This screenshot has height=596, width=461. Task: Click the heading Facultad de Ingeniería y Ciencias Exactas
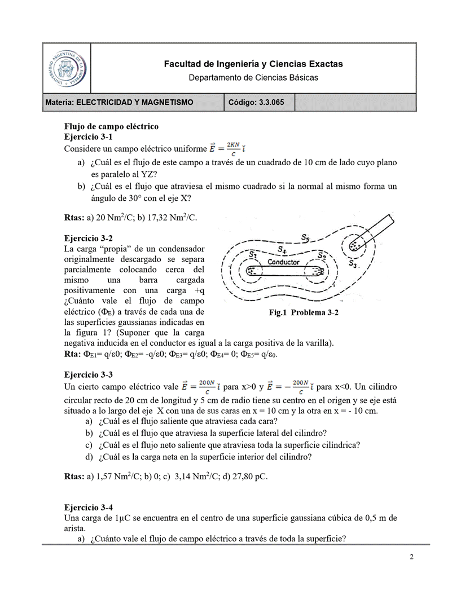(253, 64)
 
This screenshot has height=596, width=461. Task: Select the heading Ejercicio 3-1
(89, 137)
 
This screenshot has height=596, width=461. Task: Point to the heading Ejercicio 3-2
(89, 238)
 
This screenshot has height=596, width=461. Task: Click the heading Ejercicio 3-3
(89, 374)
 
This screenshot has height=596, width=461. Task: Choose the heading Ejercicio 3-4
(89, 507)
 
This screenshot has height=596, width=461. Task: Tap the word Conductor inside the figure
(283, 262)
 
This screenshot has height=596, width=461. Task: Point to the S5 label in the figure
(305, 237)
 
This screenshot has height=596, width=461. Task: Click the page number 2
(412, 558)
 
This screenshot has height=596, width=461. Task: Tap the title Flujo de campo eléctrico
(111, 126)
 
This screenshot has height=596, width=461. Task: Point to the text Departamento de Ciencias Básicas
(253, 77)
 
